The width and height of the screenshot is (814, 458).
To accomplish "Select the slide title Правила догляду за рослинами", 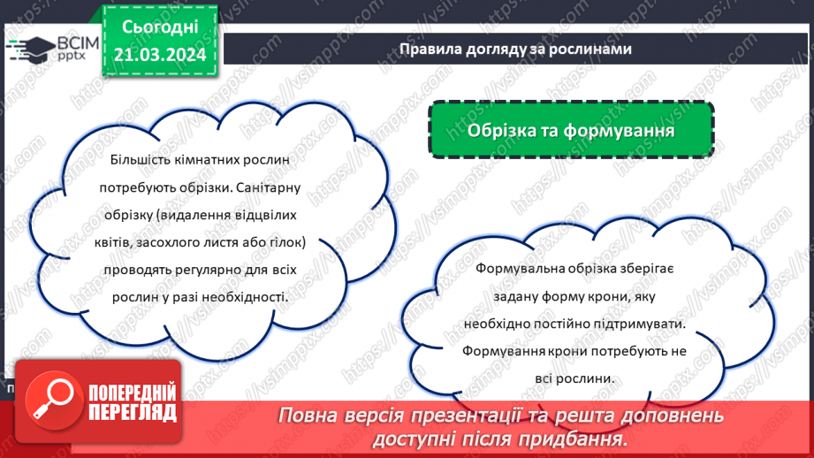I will tap(514, 50).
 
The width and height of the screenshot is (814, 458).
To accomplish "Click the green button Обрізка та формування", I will tap(571, 131).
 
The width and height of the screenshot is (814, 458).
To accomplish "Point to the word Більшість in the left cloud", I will tap(138, 160).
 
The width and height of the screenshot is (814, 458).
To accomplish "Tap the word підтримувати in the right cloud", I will tap(639, 324).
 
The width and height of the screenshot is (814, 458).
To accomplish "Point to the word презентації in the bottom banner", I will tap(468, 415).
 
